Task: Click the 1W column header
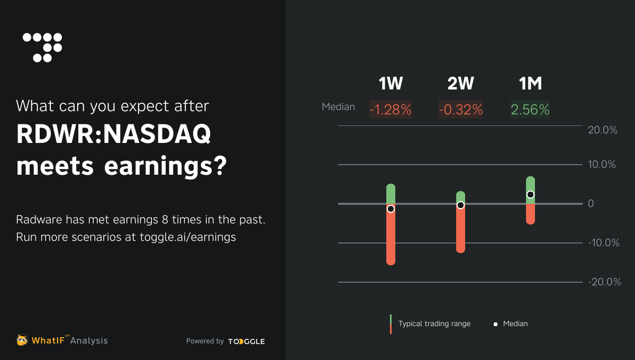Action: pos(391,84)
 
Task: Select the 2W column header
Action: pos(460,84)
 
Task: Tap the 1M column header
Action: pos(530,84)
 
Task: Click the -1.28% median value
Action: pos(391,110)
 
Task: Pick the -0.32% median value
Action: pos(460,110)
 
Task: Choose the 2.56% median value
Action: pos(530,110)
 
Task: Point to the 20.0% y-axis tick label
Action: pos(603,130)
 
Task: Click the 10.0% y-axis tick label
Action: pos(602,165)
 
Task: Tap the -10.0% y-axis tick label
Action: pos(604,243)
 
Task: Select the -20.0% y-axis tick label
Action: pos(604,282)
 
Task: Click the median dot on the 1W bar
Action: pos(391,209)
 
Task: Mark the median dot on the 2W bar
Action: pos(460,205)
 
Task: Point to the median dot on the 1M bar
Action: pos(530,194)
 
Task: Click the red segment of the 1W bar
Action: pos(391,238)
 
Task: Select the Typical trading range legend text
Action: pos(434,323)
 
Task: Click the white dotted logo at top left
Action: pos(42,47)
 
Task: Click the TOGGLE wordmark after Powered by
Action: pos(247,341)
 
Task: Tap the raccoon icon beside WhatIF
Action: pos(22,340)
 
